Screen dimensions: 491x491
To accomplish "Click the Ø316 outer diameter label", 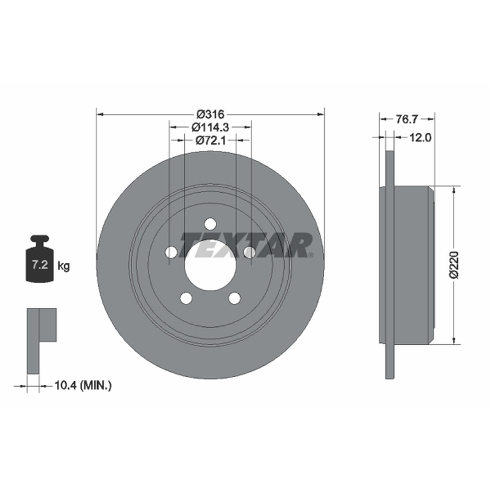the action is pos(210,114).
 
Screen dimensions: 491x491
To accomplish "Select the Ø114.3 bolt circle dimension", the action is pos(211,127).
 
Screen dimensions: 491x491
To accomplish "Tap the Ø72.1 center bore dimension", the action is pos(211,141).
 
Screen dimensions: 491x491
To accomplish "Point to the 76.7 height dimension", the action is pos(407,119).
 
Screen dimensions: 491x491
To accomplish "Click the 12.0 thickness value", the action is pos(420,137).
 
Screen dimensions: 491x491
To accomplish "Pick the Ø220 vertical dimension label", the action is pos(454,265).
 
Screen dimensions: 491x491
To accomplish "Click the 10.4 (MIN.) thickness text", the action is pos(83,385).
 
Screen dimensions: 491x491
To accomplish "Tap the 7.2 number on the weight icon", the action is pos(40,265).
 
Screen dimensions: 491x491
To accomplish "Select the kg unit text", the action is pos(64,266).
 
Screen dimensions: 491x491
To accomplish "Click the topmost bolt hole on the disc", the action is pos(210,224).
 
